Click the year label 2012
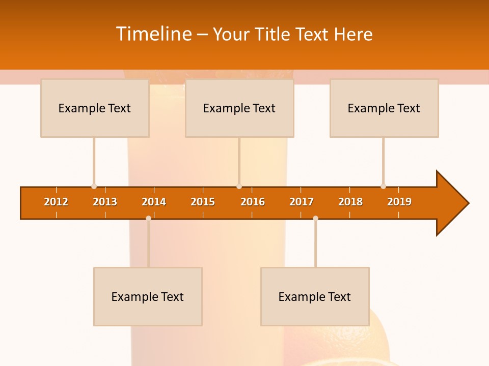[56, 202]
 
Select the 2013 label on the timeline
[105, 202]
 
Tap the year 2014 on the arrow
[154, 202]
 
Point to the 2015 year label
[203, 202]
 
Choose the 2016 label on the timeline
[253, 202]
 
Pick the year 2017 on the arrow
[302, 202]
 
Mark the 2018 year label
[350, 202]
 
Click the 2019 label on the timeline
[399, 202]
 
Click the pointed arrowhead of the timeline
[452, 203]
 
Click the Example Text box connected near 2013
[95, 108]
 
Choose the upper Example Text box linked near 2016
[239, 108]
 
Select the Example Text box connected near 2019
[384, 108]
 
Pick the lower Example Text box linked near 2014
[148, 296]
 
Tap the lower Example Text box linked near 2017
[315, 296]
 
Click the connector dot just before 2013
[94, 186]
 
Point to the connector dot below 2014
[148, 218]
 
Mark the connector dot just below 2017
[315, 218]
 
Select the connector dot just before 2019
[383, 186]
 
